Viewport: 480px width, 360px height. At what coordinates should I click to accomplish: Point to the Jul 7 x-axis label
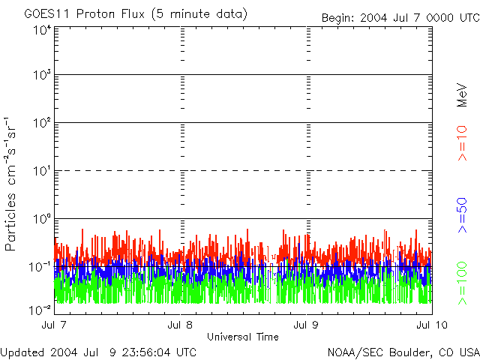[54, 325]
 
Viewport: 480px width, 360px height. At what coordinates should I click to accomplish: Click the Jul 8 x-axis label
[180, 325]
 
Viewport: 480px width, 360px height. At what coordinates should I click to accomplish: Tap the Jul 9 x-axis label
[306, 325]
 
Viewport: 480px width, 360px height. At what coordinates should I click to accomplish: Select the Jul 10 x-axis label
[430, 325]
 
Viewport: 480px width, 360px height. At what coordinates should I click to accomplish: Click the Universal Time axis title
[242, 337]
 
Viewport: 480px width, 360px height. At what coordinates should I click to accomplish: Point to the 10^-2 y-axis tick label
[40, 309]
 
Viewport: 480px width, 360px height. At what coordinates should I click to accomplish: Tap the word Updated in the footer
[22, 352]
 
